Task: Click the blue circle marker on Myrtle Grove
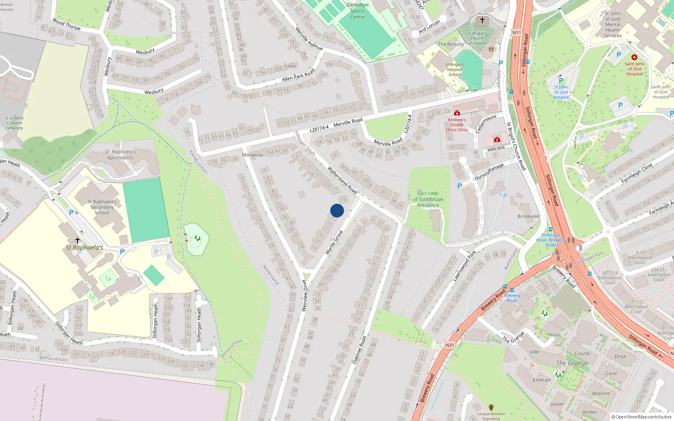click(337, 210)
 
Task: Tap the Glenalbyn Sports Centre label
click(357, 11)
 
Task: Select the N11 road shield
click(516, 32)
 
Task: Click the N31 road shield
click(450, 345)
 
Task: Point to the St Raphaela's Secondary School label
click(102, 207)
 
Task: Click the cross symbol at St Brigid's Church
click(482, 20)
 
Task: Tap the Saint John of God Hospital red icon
click(634, 57)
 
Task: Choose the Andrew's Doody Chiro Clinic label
click(457, 125)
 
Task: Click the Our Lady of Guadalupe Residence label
click(428, 199)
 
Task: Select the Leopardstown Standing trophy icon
click(491, 408)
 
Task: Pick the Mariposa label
click(252, 155)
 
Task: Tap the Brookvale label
click(528, 216)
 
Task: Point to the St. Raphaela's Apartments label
click(120, 155)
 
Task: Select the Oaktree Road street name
click(359, 350)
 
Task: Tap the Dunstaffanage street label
click(489, 172)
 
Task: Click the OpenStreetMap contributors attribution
click(642, 417)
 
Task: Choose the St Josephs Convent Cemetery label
click(14, 123)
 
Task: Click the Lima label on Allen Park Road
click(290, 66)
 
